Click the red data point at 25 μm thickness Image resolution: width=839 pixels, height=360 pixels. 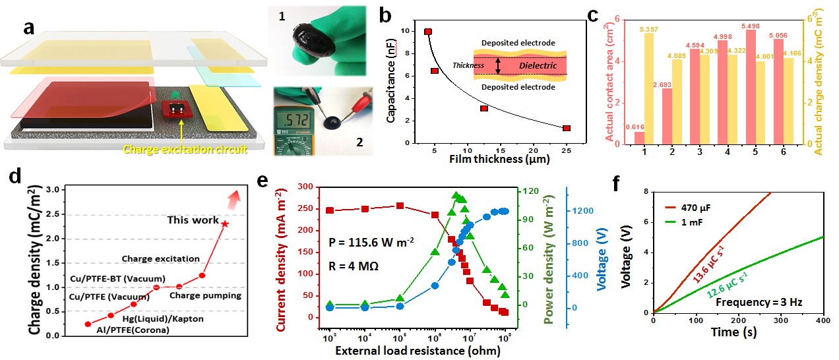[567, 128]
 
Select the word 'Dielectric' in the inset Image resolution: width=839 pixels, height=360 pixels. [538, 66]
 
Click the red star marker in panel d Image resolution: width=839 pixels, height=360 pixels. [225, 224]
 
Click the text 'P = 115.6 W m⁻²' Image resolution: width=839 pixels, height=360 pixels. [371, 241]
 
